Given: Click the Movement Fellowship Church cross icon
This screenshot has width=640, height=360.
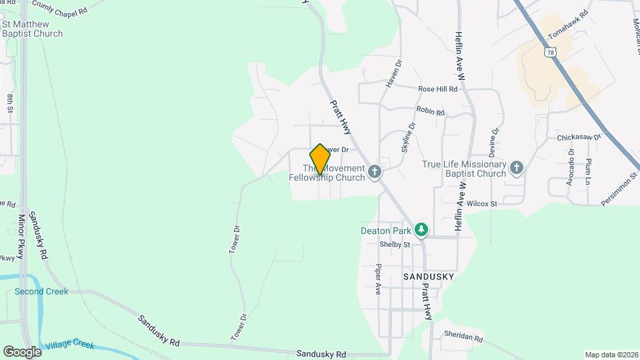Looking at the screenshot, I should pos(375,172).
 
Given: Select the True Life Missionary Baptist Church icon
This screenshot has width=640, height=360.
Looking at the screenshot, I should pos(517,169).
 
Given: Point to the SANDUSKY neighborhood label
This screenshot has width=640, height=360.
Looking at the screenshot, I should pos(429,276).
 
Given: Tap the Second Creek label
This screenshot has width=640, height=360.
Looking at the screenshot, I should pos(41,291).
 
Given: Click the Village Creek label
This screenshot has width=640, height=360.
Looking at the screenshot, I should pos(70,345).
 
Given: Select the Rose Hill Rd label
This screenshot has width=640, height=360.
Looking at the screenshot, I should pos(437,89).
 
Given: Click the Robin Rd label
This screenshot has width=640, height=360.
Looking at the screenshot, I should pos(430,111).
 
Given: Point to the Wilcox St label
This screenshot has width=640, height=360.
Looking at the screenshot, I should pos(483,203).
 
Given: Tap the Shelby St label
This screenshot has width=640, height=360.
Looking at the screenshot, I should pos(394,245).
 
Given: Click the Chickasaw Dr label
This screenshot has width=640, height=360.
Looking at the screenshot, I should pos(579,137).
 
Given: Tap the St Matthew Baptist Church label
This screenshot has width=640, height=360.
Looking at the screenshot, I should pos(32,29).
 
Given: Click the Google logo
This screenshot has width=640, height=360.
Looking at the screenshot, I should pos(22,351).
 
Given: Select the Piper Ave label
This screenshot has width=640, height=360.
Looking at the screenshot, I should pos(378,279).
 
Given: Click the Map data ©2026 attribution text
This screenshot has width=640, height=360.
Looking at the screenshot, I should pos(610,355).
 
